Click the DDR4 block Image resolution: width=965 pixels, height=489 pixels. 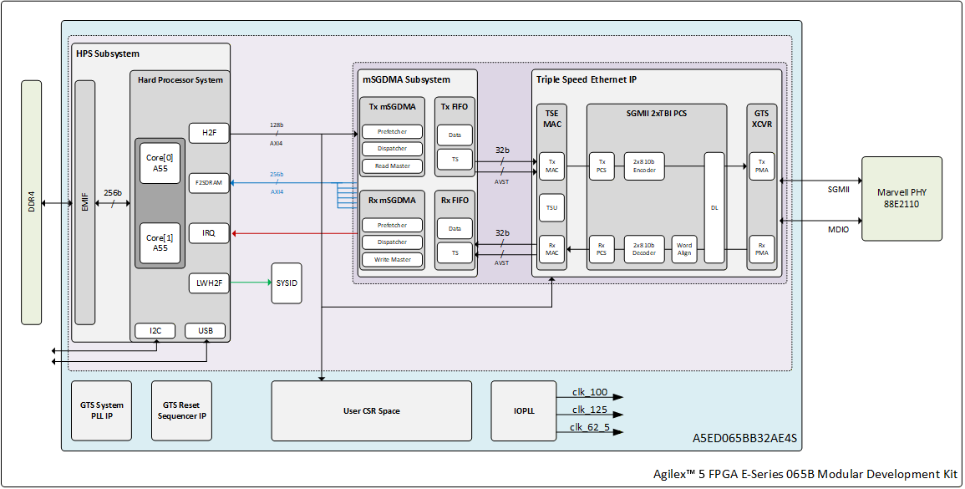32,202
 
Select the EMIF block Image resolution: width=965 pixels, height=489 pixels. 85,202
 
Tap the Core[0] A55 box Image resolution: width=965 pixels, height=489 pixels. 160,163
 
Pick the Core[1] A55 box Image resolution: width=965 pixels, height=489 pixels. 160,242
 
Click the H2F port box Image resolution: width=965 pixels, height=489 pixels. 209,133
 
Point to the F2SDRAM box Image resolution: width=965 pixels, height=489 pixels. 209,183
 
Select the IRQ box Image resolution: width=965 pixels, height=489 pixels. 209,233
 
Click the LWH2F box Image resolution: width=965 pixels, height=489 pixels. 209,283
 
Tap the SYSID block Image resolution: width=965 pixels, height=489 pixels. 287,283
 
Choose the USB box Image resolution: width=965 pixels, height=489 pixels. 205,331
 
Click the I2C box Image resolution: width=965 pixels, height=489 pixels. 155,331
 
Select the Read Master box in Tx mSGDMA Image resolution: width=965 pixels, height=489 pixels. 392,166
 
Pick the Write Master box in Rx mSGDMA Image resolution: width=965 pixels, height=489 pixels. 392,259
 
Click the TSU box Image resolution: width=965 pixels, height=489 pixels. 551,207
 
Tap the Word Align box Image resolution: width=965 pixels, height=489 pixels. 683,249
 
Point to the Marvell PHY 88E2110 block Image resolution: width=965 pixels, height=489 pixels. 902,198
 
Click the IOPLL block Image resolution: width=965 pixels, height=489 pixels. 524,410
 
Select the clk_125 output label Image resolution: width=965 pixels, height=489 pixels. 590,410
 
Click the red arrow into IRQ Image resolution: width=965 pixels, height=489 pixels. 293,233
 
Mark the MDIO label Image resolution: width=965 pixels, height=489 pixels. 838,230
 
